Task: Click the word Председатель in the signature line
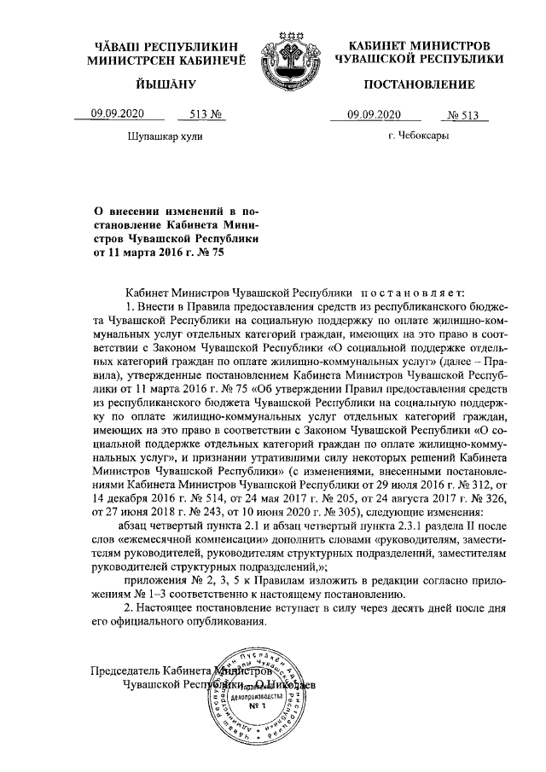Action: pos(125,670)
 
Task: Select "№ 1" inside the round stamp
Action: pos(253,707)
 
